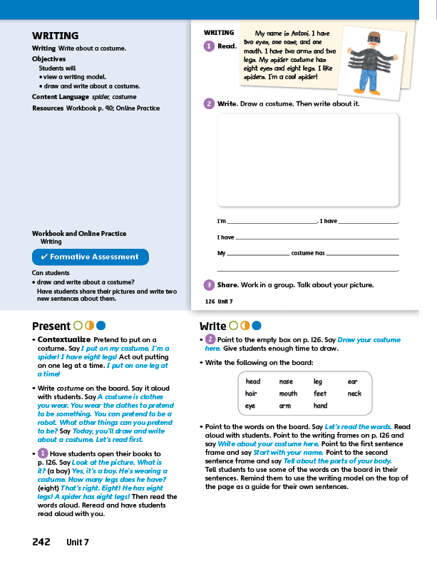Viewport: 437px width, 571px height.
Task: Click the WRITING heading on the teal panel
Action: coord(55,36)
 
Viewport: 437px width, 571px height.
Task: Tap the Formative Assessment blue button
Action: coord(90,257)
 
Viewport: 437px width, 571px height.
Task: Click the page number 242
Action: coord(41,542)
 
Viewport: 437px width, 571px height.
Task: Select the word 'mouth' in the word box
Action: coord(288,393)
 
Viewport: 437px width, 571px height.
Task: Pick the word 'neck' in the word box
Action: coord(354,393)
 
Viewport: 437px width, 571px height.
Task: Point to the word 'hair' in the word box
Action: coord(251,393)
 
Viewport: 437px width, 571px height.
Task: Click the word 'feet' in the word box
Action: coord(320,393)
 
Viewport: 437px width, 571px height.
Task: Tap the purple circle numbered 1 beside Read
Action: coord(209,46)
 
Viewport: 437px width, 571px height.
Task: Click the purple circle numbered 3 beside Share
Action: coord(209,285)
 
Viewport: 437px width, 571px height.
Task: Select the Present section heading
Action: coord(51,326)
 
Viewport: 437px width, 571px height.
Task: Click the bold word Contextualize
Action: coord(64,339)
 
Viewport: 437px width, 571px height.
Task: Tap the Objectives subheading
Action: coord(48,59)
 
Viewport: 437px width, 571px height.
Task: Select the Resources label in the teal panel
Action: coord(47,108)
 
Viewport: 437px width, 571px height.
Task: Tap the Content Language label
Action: coord(61,97)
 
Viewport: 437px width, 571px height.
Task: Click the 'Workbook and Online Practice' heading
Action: coord(79,234)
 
